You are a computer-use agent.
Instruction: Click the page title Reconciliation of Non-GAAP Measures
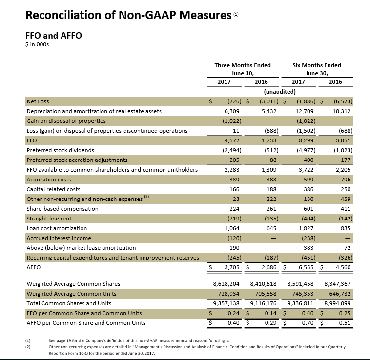(128, 16)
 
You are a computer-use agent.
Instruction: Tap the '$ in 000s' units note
(37, 45)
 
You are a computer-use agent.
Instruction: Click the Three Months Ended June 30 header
(242, 69)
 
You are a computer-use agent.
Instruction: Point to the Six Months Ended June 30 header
(316, 69)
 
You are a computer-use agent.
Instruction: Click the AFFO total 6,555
(307, 267)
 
